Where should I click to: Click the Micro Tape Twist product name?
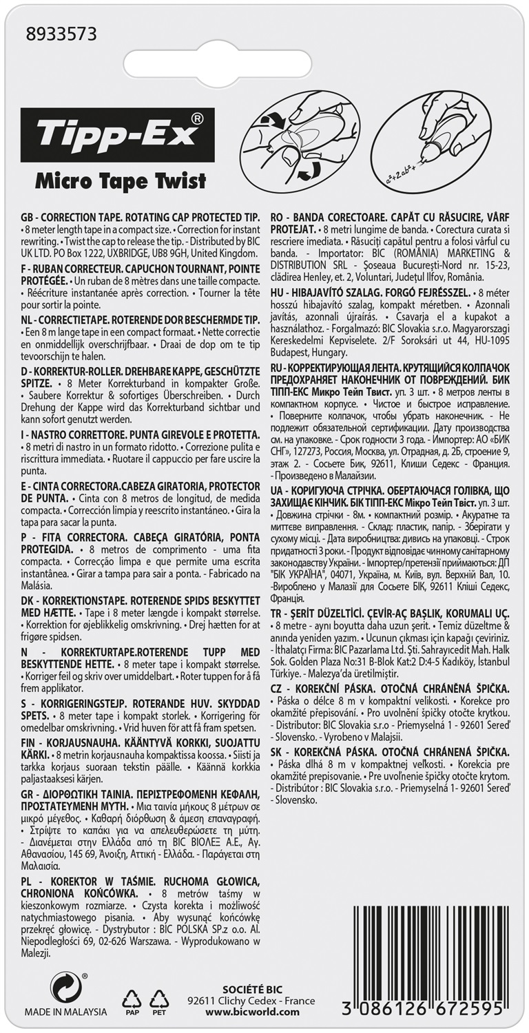121,182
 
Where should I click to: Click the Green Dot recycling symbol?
65,987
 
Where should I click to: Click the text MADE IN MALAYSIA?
66,1012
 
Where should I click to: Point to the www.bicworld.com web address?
253,1012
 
